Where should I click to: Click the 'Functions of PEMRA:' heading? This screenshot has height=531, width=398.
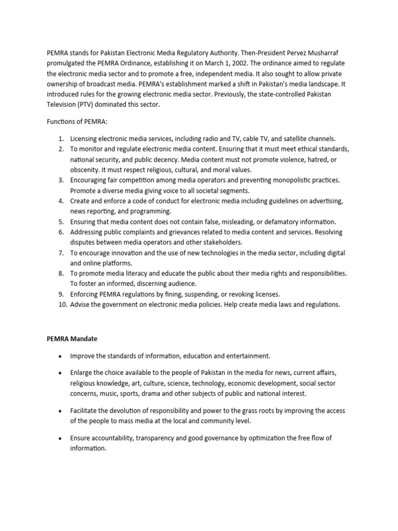(x=71, y=122)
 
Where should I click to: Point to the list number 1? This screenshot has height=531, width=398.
(x=60, y=138)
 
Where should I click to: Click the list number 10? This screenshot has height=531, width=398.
(x=62, y=304)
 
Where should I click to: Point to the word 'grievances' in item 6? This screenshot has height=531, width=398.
(x=187, y=232)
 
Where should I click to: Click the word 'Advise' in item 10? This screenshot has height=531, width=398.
(x=81, y=304)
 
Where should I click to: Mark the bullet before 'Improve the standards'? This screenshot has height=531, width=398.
(x=61, y=356)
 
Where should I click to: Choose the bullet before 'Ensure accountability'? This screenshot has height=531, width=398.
(x=61, y=438)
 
